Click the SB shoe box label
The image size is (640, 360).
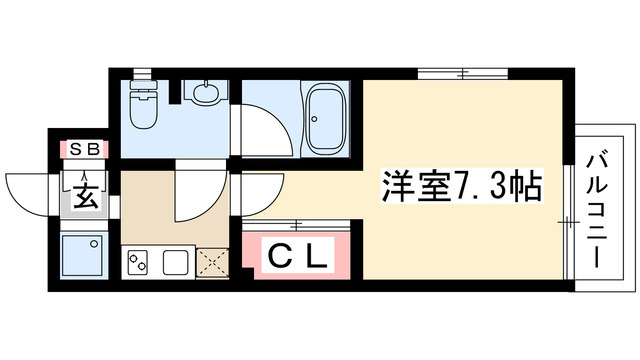(x=82, y=149)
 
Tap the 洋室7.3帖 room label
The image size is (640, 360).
(x=459, y=186)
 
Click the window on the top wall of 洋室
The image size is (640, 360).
(x=445, y=72)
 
